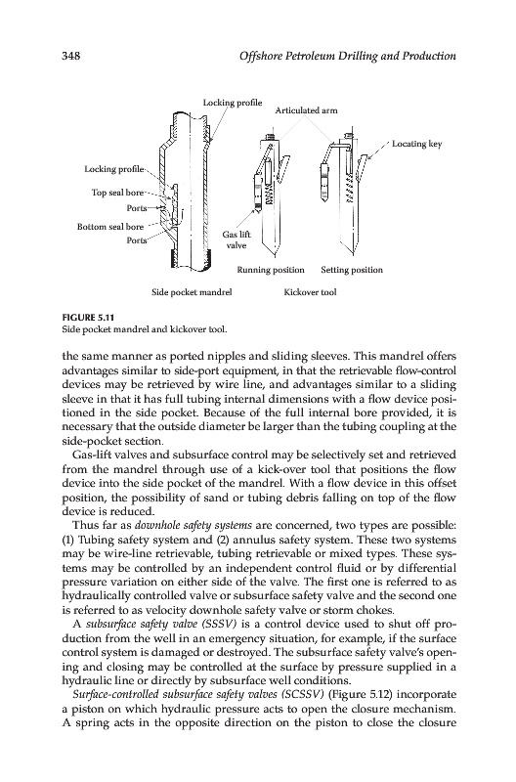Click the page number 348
(70, 56)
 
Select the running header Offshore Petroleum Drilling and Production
(348, 56)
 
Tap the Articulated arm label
(306, 110)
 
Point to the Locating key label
(416, 144)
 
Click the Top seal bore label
(117, 193)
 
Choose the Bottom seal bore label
(110, 227)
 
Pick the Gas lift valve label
(236, 239)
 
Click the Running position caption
(270, 270)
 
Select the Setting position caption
(352, 270)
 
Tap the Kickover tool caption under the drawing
(310, 292)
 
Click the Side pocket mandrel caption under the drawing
(192, 292)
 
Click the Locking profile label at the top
(233, 103)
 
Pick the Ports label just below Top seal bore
(137, 207)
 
